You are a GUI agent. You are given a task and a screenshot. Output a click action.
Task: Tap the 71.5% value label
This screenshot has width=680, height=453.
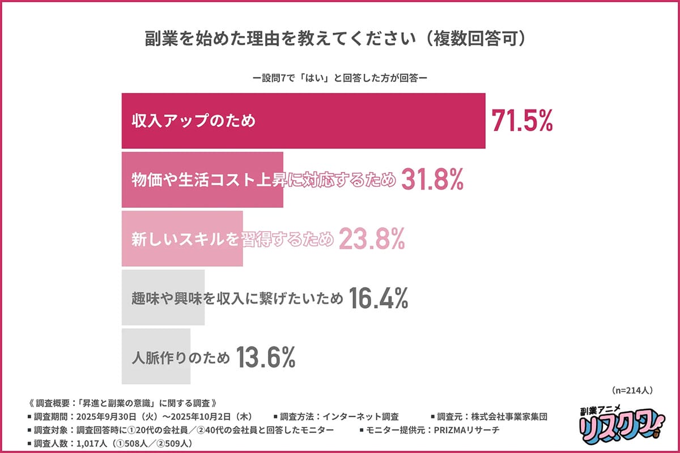(521, 121)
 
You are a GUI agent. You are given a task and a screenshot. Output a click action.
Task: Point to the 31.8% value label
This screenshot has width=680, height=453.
(433, 180)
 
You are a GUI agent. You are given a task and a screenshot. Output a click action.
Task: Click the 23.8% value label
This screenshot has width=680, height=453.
(372, 240)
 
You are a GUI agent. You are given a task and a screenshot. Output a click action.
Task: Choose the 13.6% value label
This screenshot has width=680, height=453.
(265, 357)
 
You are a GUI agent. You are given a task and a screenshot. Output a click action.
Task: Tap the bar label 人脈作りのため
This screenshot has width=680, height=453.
(181, 358)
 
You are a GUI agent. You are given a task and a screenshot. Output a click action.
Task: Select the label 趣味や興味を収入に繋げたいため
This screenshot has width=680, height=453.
(237, 299)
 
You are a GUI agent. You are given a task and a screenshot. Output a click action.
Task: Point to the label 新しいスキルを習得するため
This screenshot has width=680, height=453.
(232, 240)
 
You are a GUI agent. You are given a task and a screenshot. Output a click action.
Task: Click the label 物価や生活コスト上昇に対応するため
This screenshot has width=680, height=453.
(263, 181)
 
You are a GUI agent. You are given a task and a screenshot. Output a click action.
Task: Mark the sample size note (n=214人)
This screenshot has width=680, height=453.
(633, 390)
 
